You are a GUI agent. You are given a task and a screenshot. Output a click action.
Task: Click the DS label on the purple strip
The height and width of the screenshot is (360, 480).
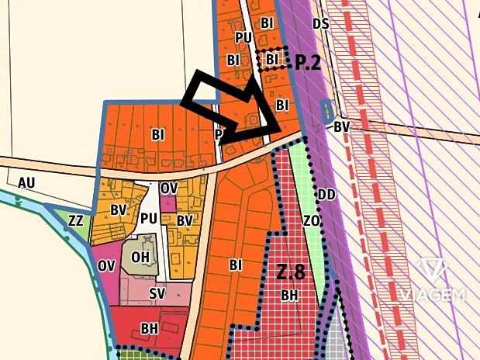click(x=321, y=24)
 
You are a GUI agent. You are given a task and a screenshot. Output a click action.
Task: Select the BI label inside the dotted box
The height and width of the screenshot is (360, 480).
click(x=271, y=59)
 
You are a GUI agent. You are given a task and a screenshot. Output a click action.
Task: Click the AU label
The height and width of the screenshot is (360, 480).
click(x=26, y=182)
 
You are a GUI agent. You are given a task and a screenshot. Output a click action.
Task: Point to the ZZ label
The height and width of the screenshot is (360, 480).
click(x=75, y=220)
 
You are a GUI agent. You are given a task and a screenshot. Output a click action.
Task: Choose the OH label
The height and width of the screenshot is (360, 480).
click(x=140, y=257)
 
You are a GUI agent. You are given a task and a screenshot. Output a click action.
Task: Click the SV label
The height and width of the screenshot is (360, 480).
click(x=157, y=294)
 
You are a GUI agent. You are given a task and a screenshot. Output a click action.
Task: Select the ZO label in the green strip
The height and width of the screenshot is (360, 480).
click(x=312, y=222)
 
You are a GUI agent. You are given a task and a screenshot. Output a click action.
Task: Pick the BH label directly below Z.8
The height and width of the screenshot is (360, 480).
click(x=289, y=296)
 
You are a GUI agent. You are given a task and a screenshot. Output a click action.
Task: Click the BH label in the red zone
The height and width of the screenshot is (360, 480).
click(x=150, y=329)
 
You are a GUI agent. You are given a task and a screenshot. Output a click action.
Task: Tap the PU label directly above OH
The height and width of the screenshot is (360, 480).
click(x=150, y=218)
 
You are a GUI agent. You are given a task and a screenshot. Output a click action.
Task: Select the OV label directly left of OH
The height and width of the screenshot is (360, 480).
click(x=107, y=265)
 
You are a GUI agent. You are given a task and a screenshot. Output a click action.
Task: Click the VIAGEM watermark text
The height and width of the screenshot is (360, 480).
click(x=434, y=295)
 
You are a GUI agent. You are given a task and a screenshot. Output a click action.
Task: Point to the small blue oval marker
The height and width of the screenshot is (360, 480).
click(x=326, y=111)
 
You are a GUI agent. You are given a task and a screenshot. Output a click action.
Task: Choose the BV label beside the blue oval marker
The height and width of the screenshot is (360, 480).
click(x=342, y=126)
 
